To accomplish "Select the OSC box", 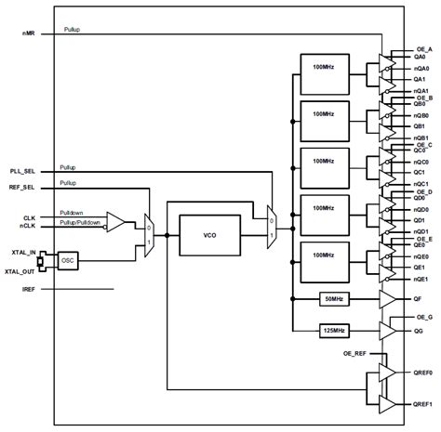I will [66, 262].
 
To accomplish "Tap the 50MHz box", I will [332, 299].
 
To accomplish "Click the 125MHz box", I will [332, 331].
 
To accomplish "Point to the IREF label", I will [30, 291].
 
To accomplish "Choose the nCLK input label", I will [31, 226].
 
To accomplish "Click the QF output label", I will [419, 299].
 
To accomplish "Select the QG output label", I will [419, 331].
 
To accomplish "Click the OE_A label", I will [423, 48].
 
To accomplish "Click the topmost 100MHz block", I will [324, 69].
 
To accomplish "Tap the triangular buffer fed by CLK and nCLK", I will [117, 220].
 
